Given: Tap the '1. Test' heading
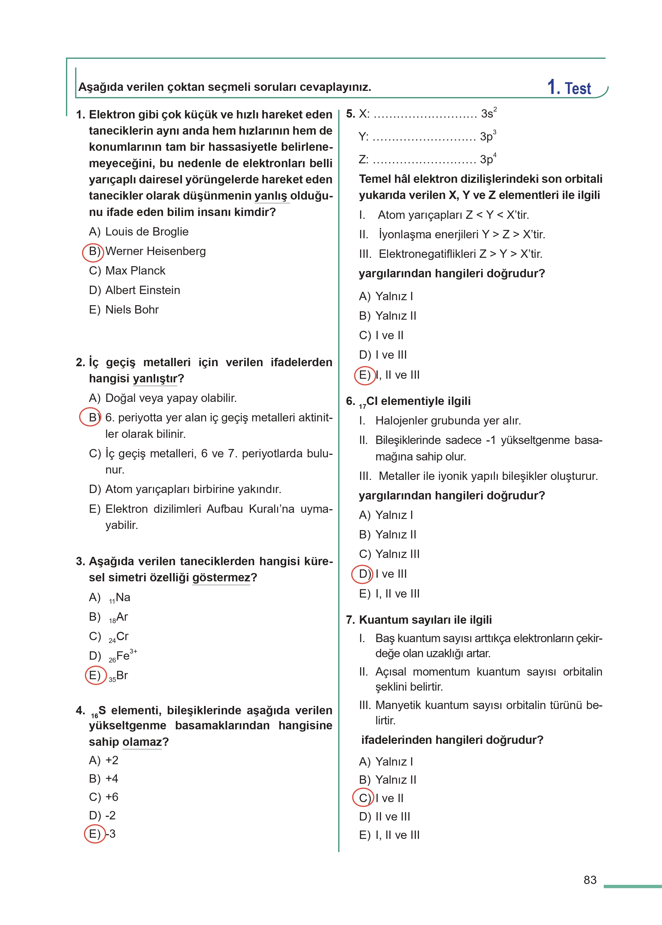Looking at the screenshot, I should coord(569,88).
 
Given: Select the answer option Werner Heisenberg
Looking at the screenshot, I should coord(155,251).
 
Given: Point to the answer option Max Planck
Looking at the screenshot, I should coord(135,271).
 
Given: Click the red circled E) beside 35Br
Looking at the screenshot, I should coord(95,675).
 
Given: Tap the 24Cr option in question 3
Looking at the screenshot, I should coord(118,637).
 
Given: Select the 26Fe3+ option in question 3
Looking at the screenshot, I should coord(122,656).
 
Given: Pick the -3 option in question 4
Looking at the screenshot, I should coord(110,833).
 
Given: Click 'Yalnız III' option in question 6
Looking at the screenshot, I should coord(397,554).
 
